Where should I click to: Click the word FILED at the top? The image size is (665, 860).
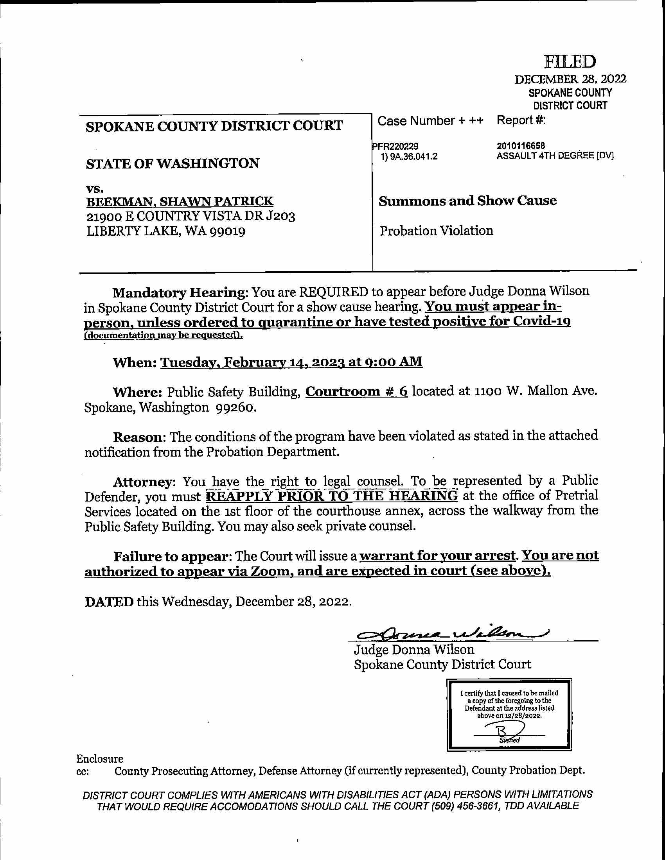570,62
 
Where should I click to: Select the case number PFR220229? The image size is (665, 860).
395,147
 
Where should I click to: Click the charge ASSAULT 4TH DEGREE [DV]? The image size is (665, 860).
555,156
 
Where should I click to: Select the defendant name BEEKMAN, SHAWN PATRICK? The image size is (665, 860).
180,201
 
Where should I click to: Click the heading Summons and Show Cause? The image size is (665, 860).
467,201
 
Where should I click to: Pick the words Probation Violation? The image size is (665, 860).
436,231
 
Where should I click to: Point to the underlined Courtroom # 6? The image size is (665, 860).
356,391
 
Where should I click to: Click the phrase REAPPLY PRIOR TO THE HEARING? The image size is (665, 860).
332,495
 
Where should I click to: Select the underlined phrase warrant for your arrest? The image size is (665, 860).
437,555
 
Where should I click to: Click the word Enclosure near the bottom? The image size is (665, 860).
100,758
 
